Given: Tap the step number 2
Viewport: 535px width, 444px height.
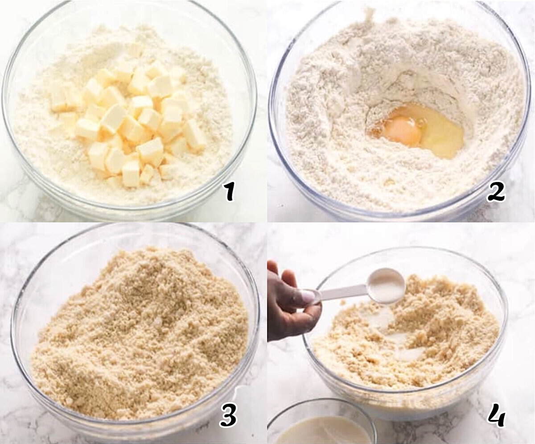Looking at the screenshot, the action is [496, 194].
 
